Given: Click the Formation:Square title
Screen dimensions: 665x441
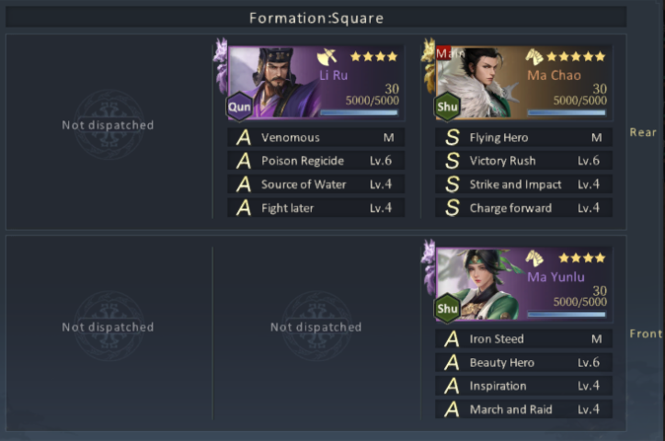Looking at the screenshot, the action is click(x=316, y=18).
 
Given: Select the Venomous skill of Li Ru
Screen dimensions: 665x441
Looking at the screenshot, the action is click(x=316, y=137).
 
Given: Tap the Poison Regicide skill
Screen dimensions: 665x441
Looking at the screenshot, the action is click(x=316, y=161).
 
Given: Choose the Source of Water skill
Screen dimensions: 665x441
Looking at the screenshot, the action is click(x=316, y=185).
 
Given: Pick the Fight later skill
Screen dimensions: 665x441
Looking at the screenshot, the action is click(x=316, y=208).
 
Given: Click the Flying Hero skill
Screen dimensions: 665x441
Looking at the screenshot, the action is click(x=523, y=137).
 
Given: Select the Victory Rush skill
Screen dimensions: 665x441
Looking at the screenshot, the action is click(x=523, y=161).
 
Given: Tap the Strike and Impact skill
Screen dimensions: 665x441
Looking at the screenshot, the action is click(x=523, y=185).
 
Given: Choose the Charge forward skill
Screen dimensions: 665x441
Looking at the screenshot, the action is click(x=523, y=208).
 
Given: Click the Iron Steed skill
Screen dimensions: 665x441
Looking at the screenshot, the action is click(x=523, y=339).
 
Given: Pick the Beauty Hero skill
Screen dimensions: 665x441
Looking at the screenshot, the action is click(x=523, y=362).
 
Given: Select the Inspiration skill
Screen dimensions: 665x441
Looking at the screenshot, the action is click(x=523, y=386).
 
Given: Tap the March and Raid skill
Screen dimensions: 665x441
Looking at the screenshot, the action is click(x=523, y=409).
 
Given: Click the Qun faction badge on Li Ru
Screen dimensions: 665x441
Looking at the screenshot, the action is click(x=239, y=107).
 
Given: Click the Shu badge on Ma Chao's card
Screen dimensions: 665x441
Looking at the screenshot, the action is click(x=447, y=107).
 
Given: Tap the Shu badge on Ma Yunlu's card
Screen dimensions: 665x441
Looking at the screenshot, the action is click(x=447, y=309).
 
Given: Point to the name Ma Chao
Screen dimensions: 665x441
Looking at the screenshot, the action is click(x=554, y=75).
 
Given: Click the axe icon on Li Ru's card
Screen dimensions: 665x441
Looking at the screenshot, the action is click(x=327, y=57).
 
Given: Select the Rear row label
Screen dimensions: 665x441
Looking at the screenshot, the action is click(x=643, y=132).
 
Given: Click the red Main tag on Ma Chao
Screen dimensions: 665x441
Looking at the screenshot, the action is click(x=443, y=53).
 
